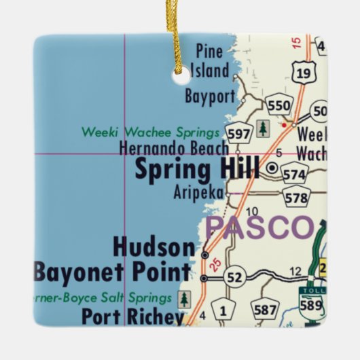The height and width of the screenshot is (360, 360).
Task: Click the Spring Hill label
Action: pos(198,169)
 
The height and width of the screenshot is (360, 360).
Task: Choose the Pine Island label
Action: pos(210,60)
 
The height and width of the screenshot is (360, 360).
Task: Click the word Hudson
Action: pos(154,247)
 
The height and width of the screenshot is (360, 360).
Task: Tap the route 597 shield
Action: pos(239,134)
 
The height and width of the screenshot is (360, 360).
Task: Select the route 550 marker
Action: pos(278,105)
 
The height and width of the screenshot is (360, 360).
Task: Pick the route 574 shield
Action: pos(294,175)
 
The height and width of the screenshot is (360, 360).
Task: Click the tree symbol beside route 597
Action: pos(263,128)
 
